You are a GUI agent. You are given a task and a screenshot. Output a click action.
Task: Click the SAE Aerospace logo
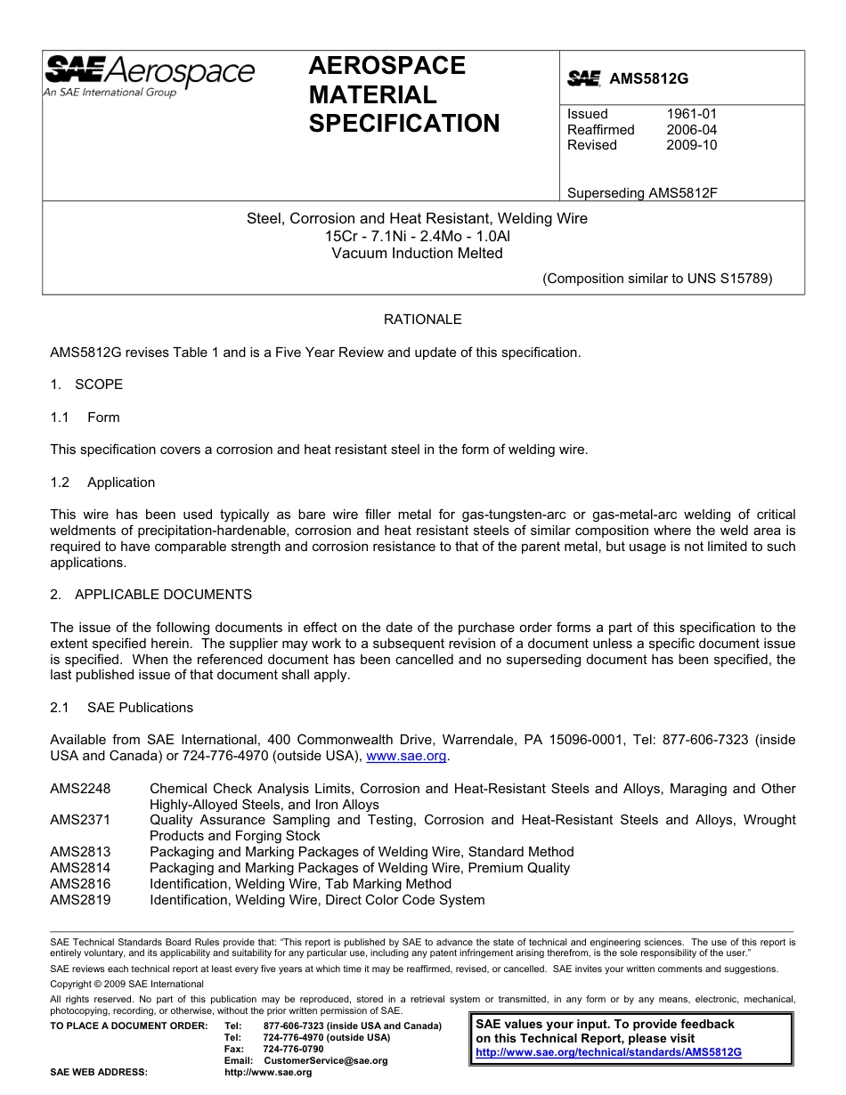[x=149, y=75]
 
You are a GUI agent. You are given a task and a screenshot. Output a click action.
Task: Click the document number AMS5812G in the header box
[x=648, y=78]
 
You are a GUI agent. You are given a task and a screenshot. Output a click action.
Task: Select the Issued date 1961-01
[x=691, y=114]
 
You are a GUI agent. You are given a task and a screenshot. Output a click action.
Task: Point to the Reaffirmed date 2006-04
[x=691, y=130]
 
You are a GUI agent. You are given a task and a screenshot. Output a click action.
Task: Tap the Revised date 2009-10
[x=691, y=145]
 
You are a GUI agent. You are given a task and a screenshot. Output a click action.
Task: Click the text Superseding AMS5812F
[x=642, y=193]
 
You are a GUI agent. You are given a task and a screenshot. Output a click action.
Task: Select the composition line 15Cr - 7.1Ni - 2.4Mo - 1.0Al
[x=417, y=236]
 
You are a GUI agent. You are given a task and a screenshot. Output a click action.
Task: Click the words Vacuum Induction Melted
[x=417, y=253]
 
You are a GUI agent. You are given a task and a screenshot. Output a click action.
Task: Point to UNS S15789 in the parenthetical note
[x=728, y=278]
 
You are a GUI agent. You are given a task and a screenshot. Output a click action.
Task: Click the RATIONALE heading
[x=422, y=320]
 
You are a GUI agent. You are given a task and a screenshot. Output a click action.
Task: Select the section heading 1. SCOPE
[x=86, y=385]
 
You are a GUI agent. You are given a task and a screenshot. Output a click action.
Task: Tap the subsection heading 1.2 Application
[x=103, y=483]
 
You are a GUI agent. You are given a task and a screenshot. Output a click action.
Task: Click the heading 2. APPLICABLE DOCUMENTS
[x=150, y=595]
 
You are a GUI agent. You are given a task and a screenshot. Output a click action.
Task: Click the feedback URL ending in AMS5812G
[x=608, y=1052]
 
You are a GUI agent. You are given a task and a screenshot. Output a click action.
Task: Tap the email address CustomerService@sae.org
[x=326, y=1061]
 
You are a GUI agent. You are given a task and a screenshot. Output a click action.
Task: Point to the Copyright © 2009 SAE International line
[x=126, y=984]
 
